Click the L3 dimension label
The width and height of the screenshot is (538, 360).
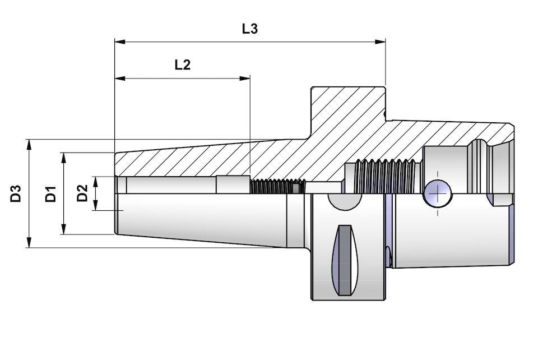pos(250,29)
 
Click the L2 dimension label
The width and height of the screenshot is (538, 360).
pos(182,64)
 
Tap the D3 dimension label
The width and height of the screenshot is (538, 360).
pos(16,193)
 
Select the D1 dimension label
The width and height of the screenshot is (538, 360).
pos(51,193)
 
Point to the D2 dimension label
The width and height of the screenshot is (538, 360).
pos(82,193)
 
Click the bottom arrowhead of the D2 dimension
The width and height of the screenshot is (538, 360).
pos(96,206)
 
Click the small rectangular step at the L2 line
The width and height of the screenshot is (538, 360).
pos(233,184)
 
